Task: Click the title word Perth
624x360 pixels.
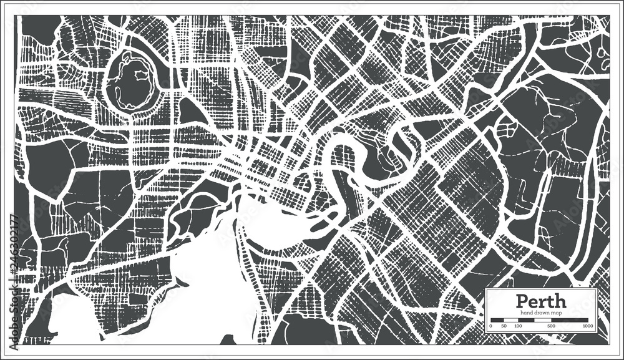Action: (x=541, y=301)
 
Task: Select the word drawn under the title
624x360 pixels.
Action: (x=540, y=312)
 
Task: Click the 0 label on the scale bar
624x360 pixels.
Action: (x=491, y=326)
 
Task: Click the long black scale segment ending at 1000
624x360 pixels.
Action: (x=565, y=320)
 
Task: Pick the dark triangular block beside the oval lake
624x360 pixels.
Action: (x=190, y=113)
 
